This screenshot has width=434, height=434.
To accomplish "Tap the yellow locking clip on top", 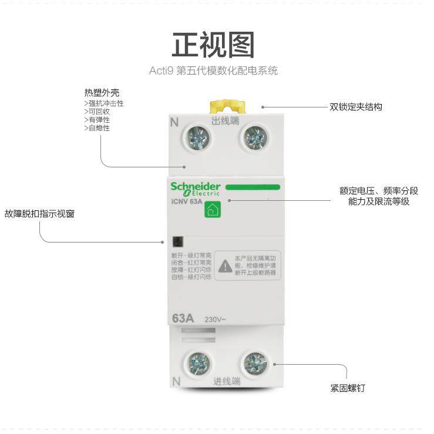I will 219,106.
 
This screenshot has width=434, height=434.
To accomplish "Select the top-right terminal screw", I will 255,139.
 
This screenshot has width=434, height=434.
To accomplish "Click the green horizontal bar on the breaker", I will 252,187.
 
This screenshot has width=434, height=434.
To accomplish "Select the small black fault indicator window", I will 177,241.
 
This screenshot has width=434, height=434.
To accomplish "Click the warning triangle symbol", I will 225,267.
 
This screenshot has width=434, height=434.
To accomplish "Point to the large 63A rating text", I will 183,319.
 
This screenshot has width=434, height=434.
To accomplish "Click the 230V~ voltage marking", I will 215,320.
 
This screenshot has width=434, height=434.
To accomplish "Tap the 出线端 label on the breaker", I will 226,120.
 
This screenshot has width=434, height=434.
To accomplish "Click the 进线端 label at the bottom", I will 227,381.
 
